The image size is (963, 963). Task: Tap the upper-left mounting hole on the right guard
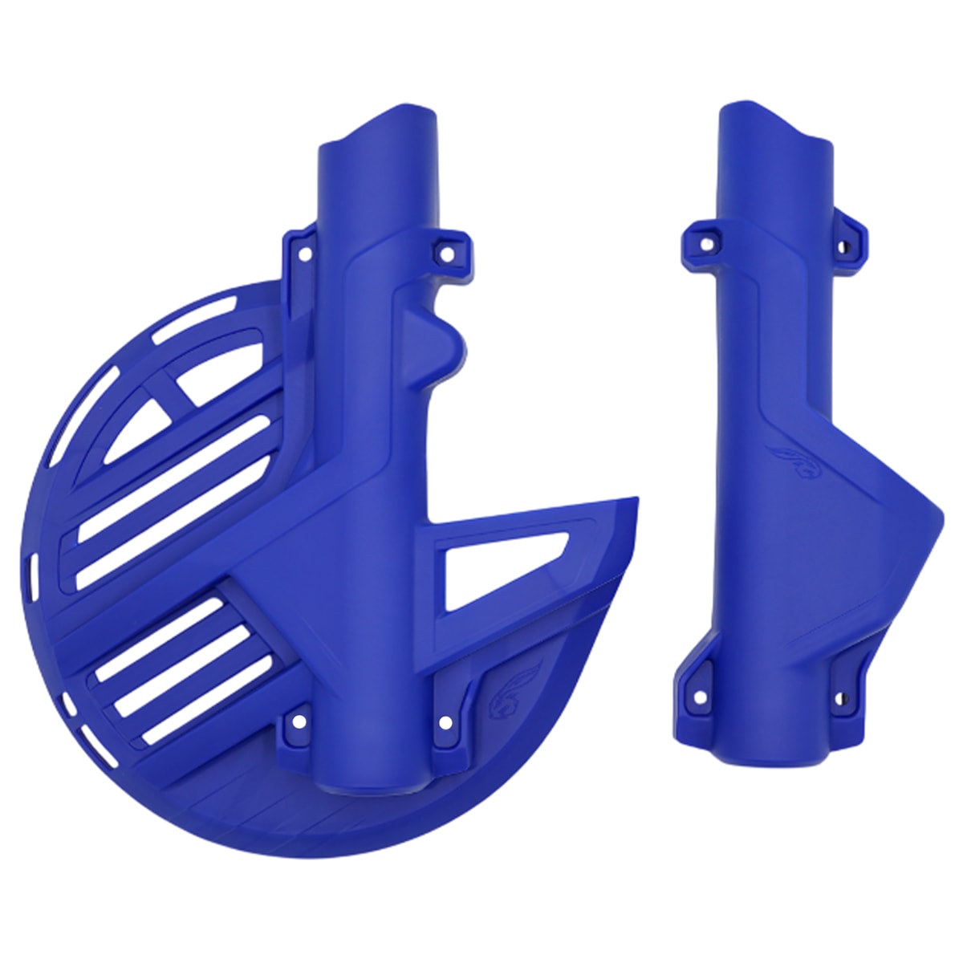[x=708, y=241]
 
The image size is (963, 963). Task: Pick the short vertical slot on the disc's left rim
[x=34, y=570]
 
